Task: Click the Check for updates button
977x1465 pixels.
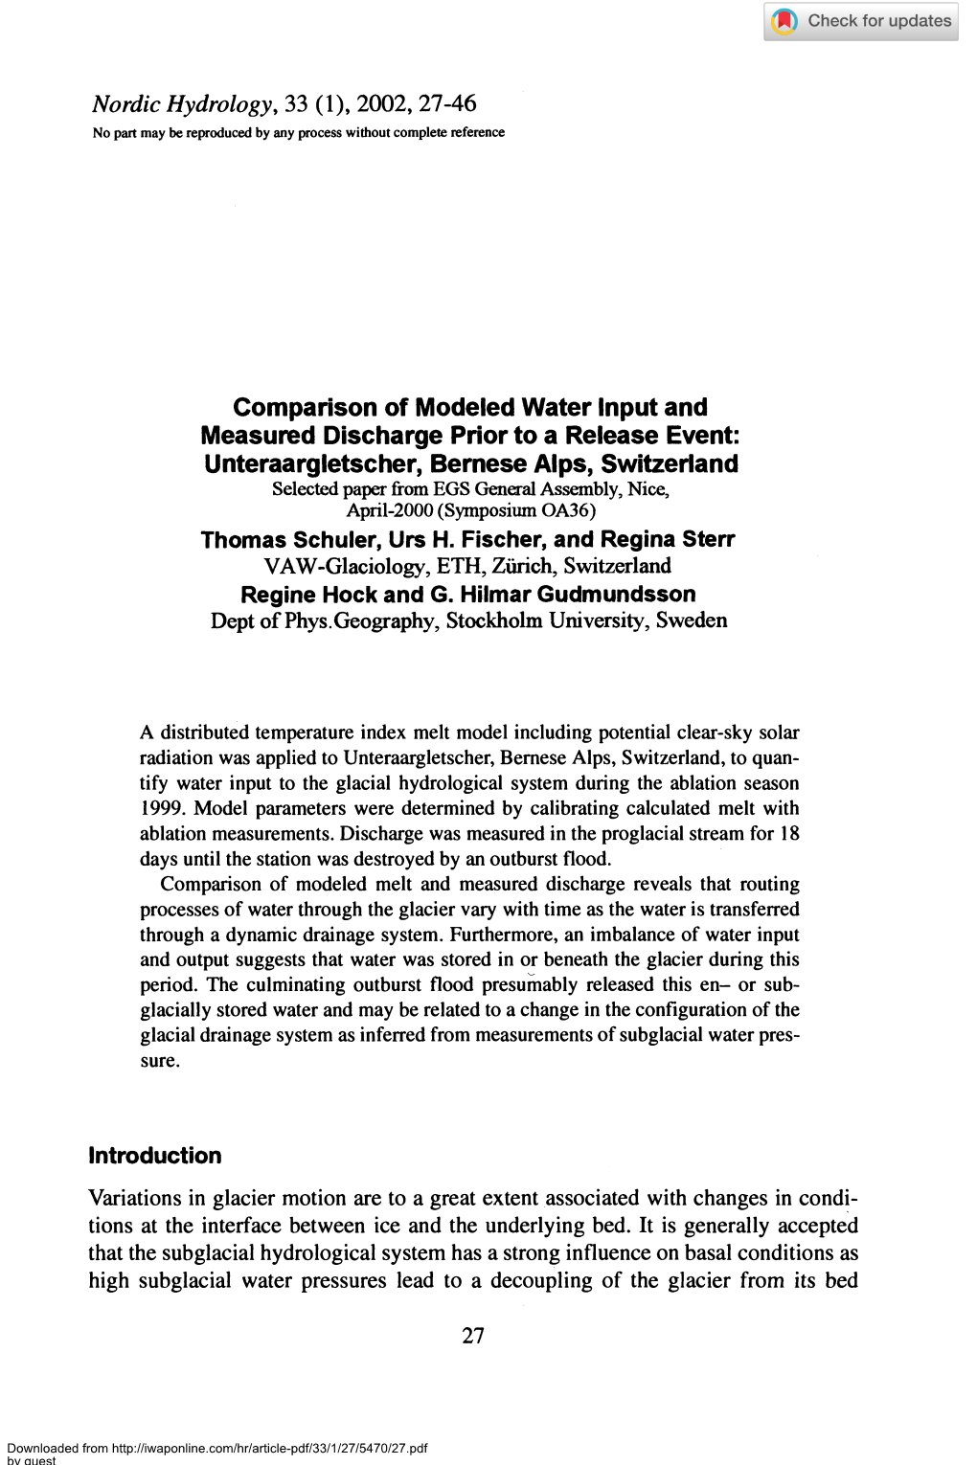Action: point(860,21)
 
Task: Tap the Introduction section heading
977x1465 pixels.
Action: point(154,1156)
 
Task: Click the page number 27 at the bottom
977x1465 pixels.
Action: point(473,1336)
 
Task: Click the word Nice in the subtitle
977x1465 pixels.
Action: point(648,489)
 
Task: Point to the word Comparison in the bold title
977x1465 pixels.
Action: point(306,408)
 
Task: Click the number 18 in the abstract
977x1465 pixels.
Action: point(789,833)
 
